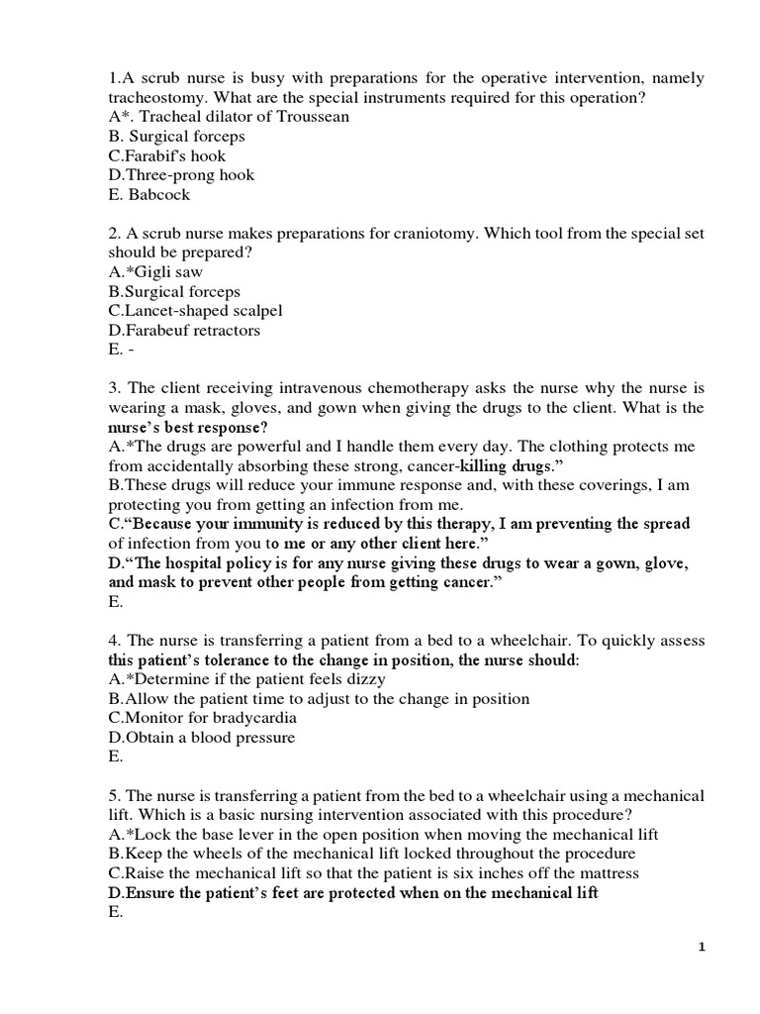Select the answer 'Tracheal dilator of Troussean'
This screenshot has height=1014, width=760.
coord(229,117)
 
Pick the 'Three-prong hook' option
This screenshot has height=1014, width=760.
coord(181,175)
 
